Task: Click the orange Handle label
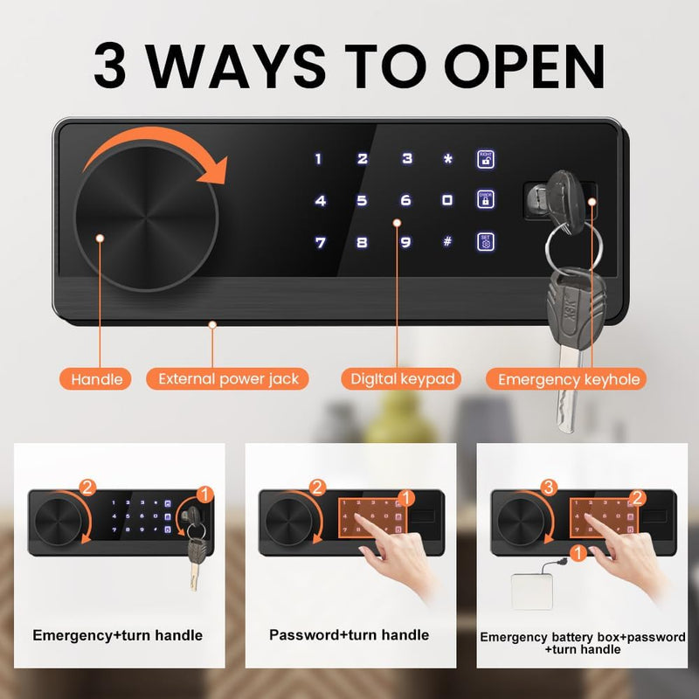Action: coord(96,378)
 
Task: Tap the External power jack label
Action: coord(228,378)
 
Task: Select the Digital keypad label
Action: coord(402,378)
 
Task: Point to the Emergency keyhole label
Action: coord(569,378)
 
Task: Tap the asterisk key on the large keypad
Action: coord(448,159)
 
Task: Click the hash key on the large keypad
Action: coord(447,242)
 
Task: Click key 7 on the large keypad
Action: coord(321,242)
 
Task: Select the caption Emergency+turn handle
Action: coord(117,635)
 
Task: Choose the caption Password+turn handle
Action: coord(349,635)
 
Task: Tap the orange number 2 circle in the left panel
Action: coord(87,487)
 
